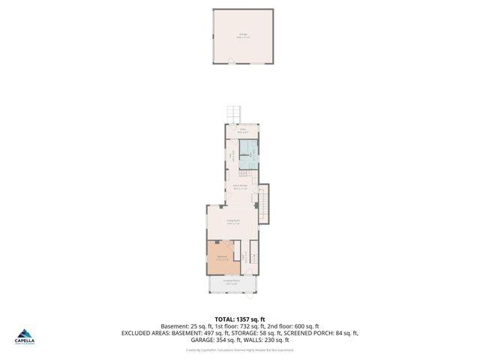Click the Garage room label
coord(244,34)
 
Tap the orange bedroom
coord(222,257)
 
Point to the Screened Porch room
coord(232,283)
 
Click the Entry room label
coord(242,131)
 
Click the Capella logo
coord(25,337)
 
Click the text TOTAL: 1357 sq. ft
coord(239,319)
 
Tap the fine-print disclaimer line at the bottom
coord(239,349)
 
